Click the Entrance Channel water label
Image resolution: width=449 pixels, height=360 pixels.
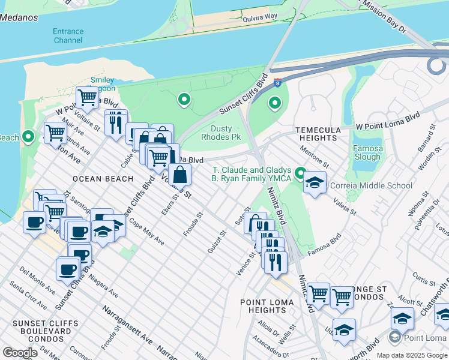click(x=68, y=35)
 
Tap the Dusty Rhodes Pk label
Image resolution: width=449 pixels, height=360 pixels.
click(x=226, y=133)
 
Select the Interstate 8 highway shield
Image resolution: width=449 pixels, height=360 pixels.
click(x=278, y=82)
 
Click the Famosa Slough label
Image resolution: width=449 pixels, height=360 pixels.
click(x=367, y=152)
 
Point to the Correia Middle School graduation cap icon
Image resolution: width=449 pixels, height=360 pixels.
click(x=314, y=182)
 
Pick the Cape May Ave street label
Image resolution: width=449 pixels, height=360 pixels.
click(x=146, y=233)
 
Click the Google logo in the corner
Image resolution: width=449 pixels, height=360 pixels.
click(x=20, y=353)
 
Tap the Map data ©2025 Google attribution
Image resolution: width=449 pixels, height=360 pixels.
click(x=411, y=355)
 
